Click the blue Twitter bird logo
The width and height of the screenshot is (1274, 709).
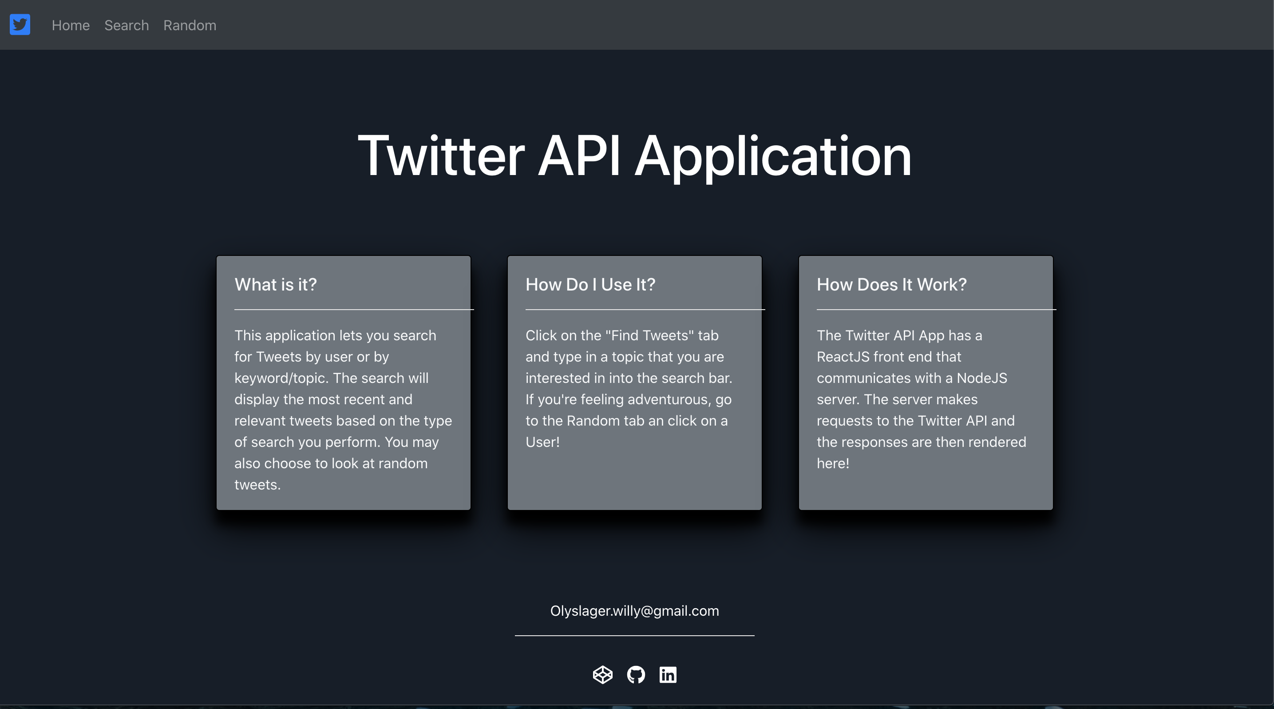point(20,25)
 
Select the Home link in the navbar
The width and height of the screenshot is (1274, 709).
point(71,25)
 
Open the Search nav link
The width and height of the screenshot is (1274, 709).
point(127,25)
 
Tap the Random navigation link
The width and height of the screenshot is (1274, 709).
point(190,25)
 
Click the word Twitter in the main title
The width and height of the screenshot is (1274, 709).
point(441,156)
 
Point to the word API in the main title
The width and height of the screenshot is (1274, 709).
point(579,156)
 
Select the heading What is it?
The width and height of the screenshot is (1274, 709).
point(276,284)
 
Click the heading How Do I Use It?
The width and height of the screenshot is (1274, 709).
point(590,284)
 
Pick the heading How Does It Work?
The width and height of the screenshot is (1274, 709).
point(892,284)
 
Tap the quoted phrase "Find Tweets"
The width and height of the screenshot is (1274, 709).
point(650,335)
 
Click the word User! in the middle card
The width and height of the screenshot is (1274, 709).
point(542,442)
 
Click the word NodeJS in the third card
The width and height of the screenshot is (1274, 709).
point(982,378)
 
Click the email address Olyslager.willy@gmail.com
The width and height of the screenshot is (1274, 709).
point(634,611)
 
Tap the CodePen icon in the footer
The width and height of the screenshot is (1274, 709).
point(602,674)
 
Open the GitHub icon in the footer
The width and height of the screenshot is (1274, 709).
point(636,674)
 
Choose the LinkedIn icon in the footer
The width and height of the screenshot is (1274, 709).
point(668,674)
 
